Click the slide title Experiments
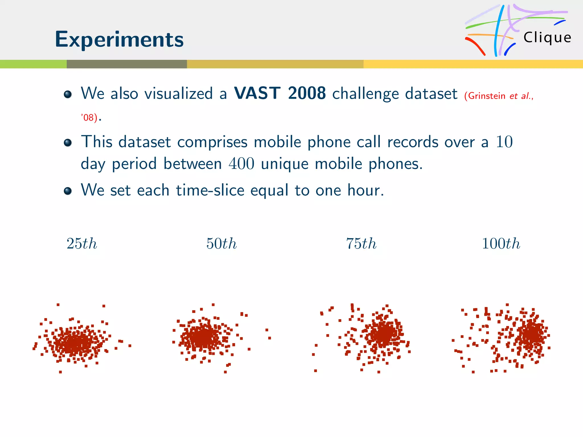tap(119, 39)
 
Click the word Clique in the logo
tap(547, 38)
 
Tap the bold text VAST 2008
tap(280, 93)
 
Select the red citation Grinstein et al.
tap(498, 96)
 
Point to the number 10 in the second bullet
tap(504, 142)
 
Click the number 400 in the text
tap(241, 164)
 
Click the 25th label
tap(82, 244)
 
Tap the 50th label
tap(221, 244)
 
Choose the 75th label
tap(361, 244)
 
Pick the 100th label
tap(501, 244)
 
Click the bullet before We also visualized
tap(68, 94)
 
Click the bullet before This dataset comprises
tap(68, 142)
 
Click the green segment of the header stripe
tap(33, 64)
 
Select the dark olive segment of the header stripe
tap(127, 64)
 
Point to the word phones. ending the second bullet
tap(396, 164)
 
